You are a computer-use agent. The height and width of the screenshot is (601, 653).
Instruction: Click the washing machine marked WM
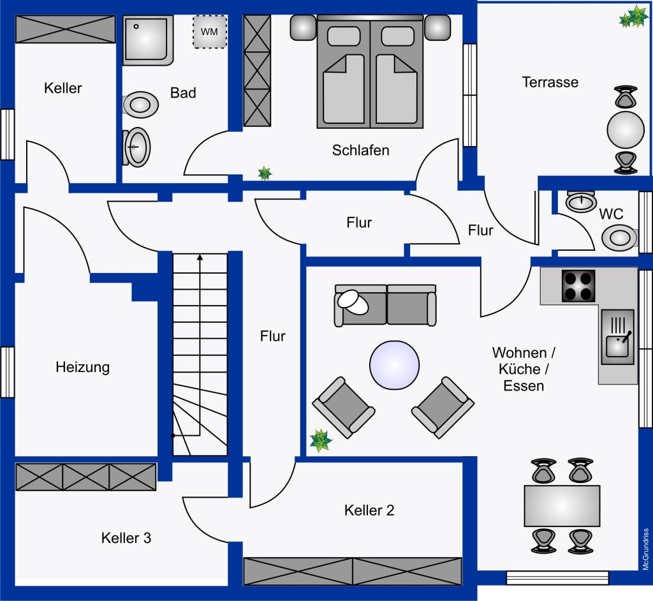210,31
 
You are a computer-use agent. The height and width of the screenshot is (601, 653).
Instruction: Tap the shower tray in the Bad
148,40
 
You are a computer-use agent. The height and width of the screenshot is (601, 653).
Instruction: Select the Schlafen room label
360,151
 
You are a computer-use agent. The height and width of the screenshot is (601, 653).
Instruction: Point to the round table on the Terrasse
625,130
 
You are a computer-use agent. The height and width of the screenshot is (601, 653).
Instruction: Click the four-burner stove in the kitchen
578,285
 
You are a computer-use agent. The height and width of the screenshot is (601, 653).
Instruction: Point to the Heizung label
82,367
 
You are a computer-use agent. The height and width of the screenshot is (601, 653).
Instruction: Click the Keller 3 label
126,538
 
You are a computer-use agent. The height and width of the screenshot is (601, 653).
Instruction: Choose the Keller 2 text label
369,510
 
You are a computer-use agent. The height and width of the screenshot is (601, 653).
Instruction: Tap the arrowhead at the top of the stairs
200,258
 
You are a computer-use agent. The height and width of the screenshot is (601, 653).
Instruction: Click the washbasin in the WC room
581,202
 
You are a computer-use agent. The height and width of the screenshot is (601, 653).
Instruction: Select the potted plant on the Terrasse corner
635,17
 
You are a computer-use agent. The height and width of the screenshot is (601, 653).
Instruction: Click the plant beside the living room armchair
320,440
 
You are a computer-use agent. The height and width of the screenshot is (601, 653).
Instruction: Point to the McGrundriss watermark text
645,549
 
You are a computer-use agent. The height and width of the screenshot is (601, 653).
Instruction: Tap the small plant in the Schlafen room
264,172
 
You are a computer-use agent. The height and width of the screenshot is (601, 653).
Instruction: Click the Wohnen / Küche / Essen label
524,369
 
